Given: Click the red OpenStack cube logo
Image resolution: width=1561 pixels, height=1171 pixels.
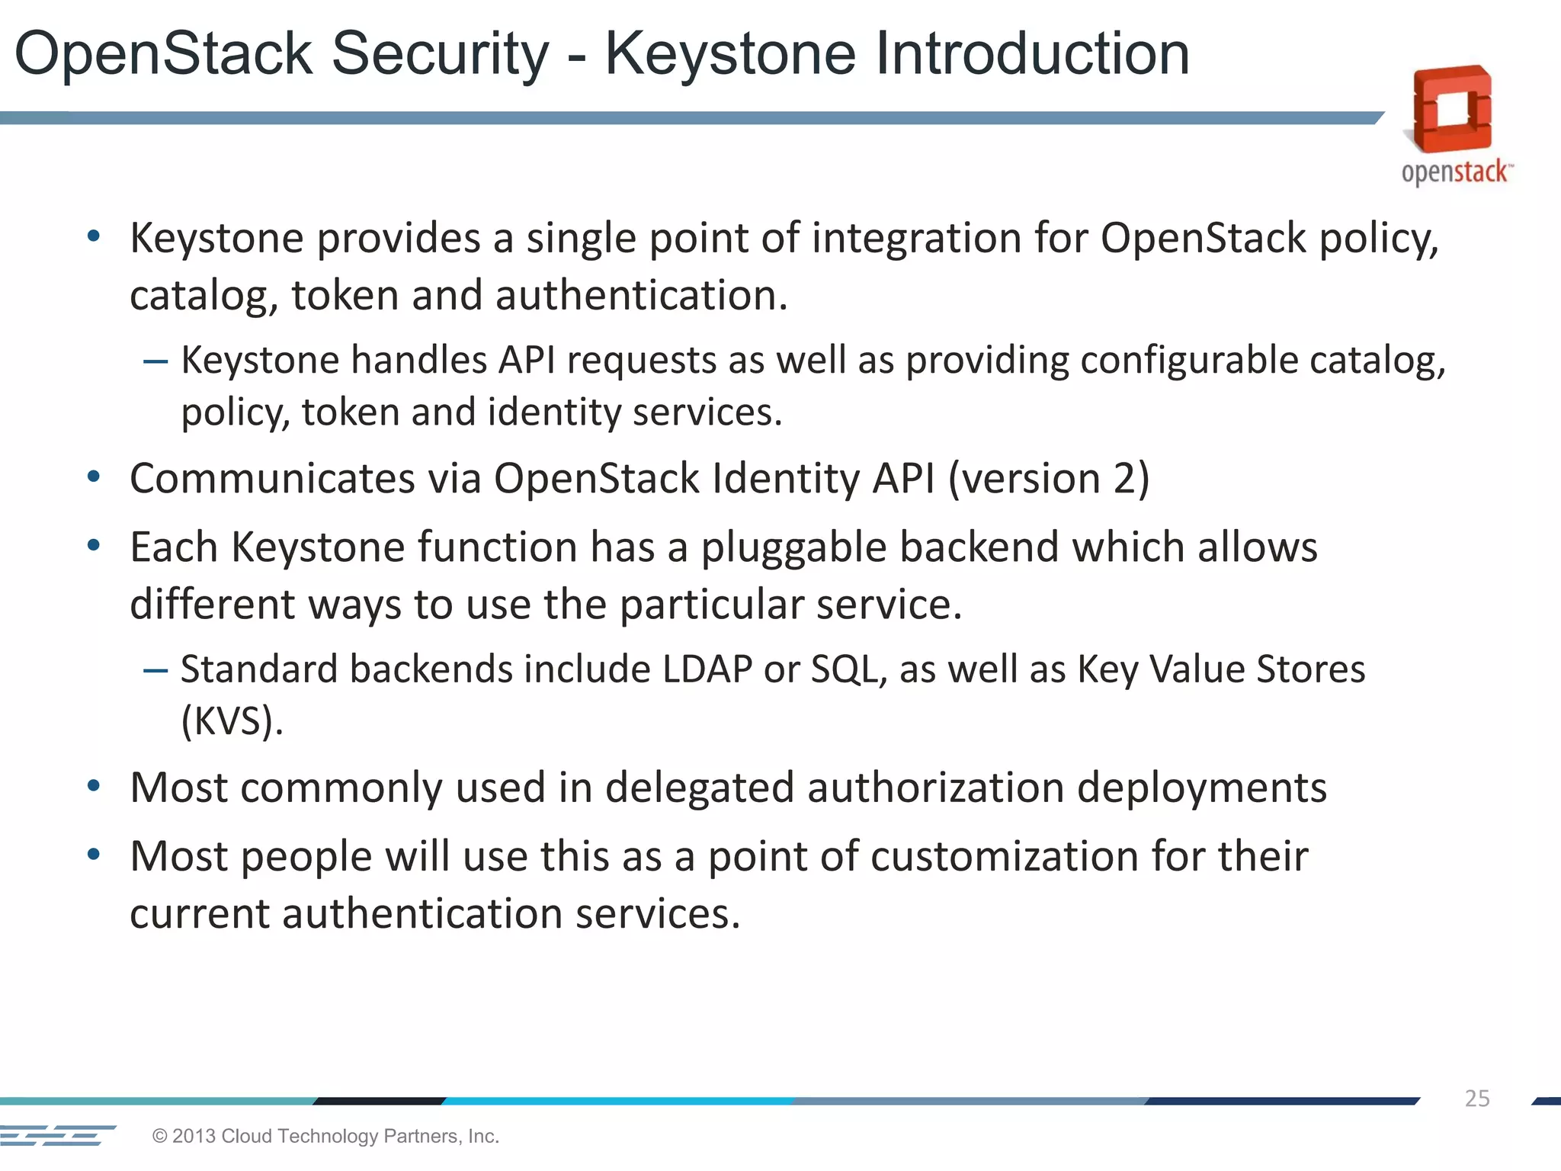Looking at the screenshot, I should coord(1452,109).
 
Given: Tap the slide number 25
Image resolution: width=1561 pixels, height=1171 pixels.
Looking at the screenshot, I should coord(1476,1099).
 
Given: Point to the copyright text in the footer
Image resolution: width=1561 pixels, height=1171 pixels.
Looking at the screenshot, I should coord(325,1136).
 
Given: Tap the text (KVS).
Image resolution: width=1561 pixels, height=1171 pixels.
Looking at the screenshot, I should coord(232,720).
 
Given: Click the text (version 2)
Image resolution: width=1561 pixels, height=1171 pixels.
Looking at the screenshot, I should coord(1049,479).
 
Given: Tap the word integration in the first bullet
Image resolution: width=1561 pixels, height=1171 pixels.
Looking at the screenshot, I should coord(915,238).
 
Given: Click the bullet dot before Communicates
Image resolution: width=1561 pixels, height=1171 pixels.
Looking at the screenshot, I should coord(94,478).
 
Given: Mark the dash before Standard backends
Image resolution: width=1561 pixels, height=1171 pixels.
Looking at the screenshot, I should coord(155,670).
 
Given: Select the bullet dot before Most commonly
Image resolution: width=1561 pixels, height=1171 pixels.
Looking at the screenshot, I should coord(94,787).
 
